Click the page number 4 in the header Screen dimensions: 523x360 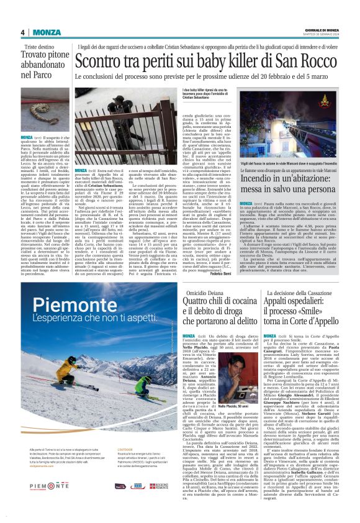click(22, 32)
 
